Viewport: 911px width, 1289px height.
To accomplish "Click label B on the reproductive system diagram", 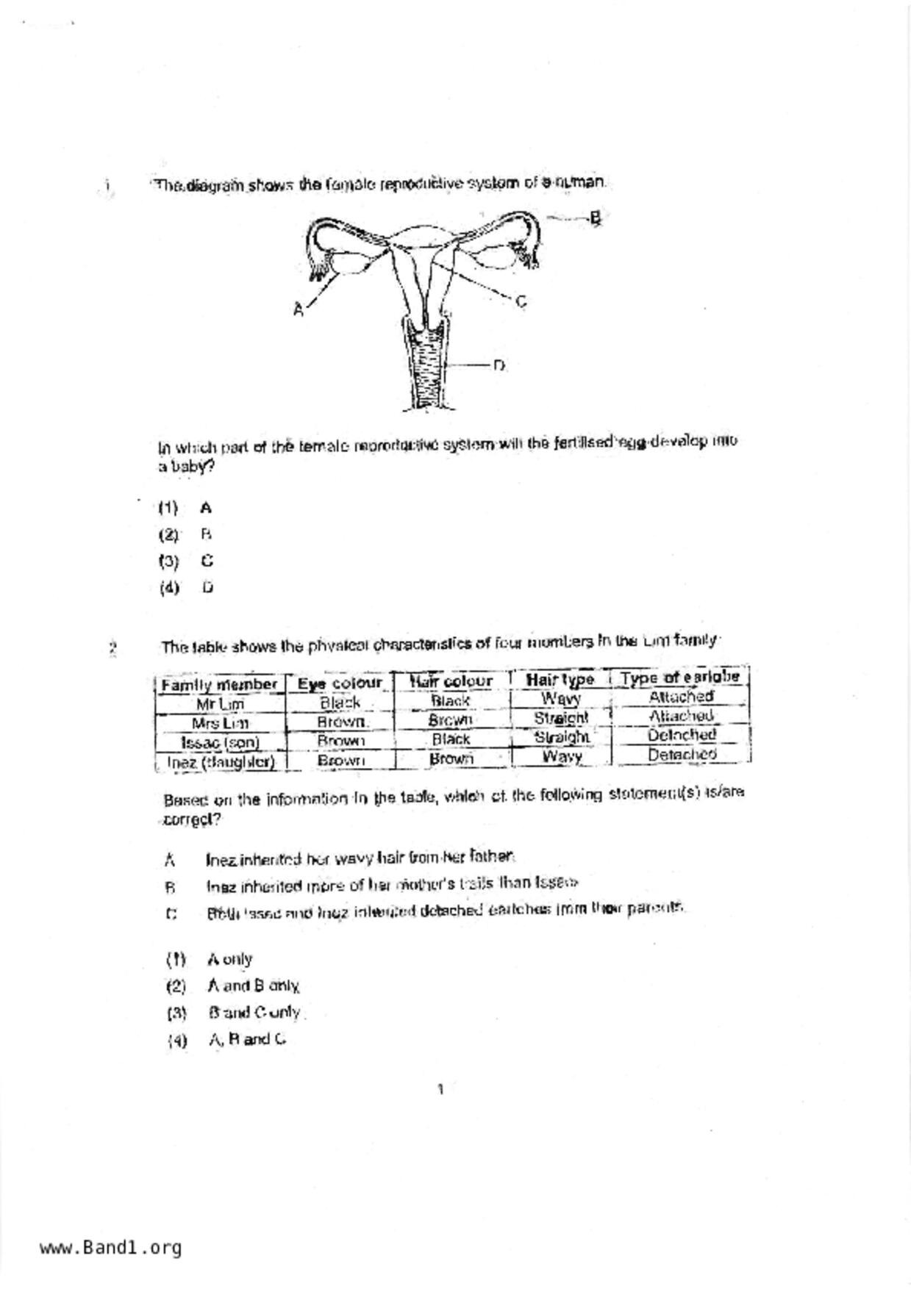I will (x=596, y=218).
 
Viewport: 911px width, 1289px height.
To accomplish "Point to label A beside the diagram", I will (x=298, y=310).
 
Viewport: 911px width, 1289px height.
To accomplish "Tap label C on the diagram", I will (x=521, y=301).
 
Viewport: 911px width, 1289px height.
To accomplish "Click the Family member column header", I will (x=219, y=685).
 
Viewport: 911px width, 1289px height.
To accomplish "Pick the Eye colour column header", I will (x=340, y=683).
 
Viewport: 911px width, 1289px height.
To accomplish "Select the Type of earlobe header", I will (x=679, y=678).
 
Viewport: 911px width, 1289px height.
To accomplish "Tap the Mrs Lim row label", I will (x=219, y=723).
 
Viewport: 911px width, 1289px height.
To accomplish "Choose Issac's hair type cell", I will (x=561, y=737).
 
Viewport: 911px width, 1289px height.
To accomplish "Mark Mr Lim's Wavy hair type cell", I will (x=561, y=699).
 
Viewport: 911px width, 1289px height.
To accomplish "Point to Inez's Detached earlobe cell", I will (x=682, y=755).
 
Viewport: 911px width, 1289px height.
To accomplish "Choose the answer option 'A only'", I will (x=229, y=960).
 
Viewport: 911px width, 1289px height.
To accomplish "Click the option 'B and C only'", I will (x=254, y=1013).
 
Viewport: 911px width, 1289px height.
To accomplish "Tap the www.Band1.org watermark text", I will (x=110, y=1248).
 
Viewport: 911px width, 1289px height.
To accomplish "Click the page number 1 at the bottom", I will (x=440, y=1090).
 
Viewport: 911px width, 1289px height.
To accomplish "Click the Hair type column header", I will (x=560, y=680).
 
